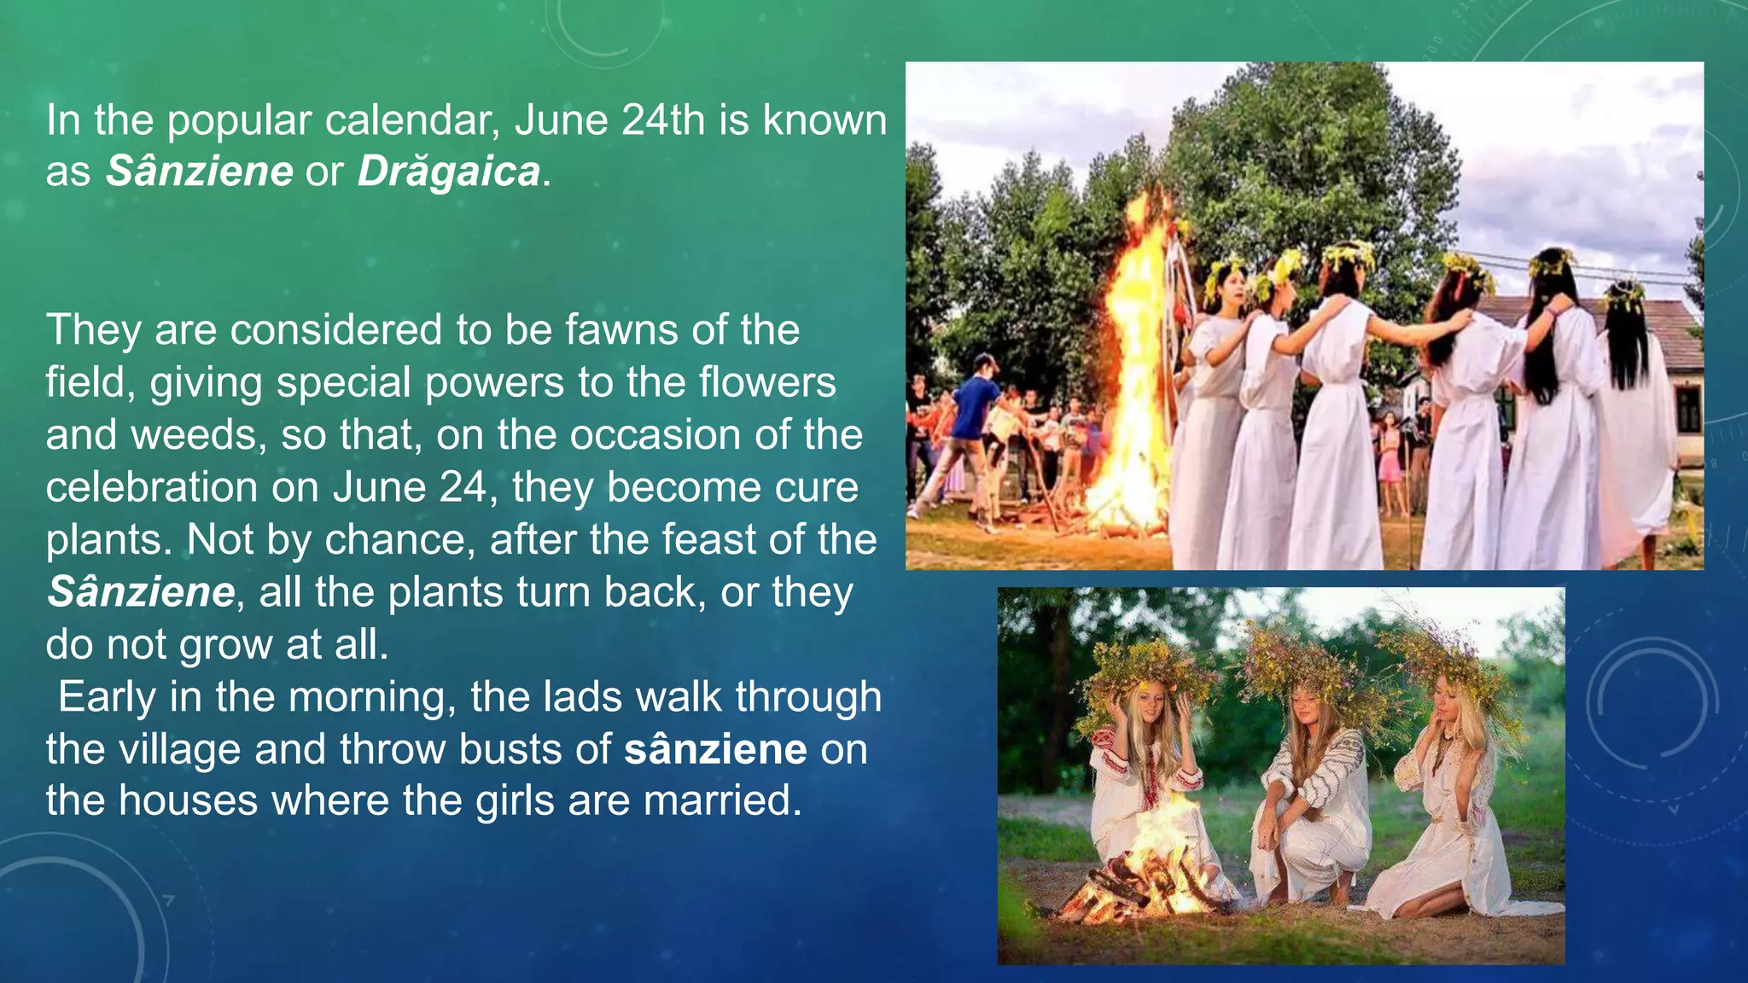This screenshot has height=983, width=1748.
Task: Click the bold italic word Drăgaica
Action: coord(448,172)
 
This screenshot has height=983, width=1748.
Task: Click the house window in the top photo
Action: coord(1687,410)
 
